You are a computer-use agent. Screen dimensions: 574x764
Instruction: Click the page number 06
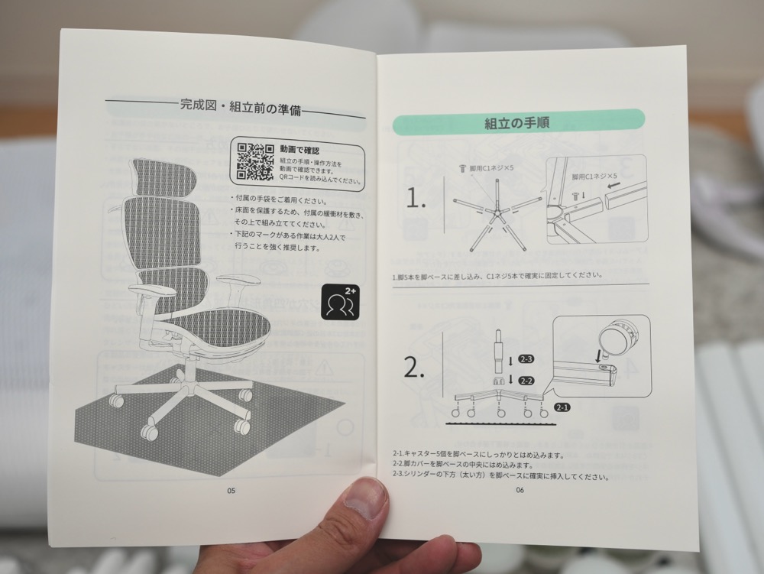[x=520, y=491]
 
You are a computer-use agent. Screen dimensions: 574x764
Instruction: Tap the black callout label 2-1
[x=563, y=407]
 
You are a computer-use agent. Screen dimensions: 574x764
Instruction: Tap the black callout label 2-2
[x=526, y=380]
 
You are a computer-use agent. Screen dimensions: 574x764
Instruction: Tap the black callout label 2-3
[x=526, y=358]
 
